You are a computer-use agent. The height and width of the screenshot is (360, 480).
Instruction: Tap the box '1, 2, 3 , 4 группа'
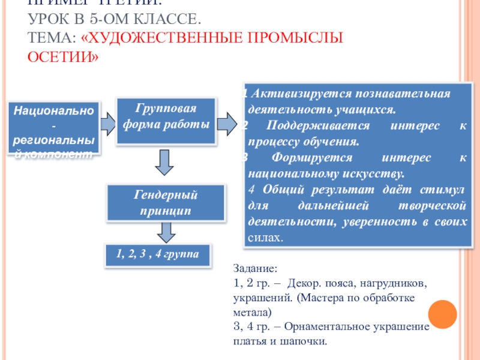pyautogui.click(x=158, y=255)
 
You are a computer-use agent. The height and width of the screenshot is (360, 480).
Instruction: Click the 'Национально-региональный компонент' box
pyautogui.click(x=53, y=128)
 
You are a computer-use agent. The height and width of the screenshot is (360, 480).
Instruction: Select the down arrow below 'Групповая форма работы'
pyautogui.click(x=166, y=161)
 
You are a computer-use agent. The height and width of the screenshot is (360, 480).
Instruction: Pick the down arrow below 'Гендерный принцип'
pyautogui.click(x=166, y=232)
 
